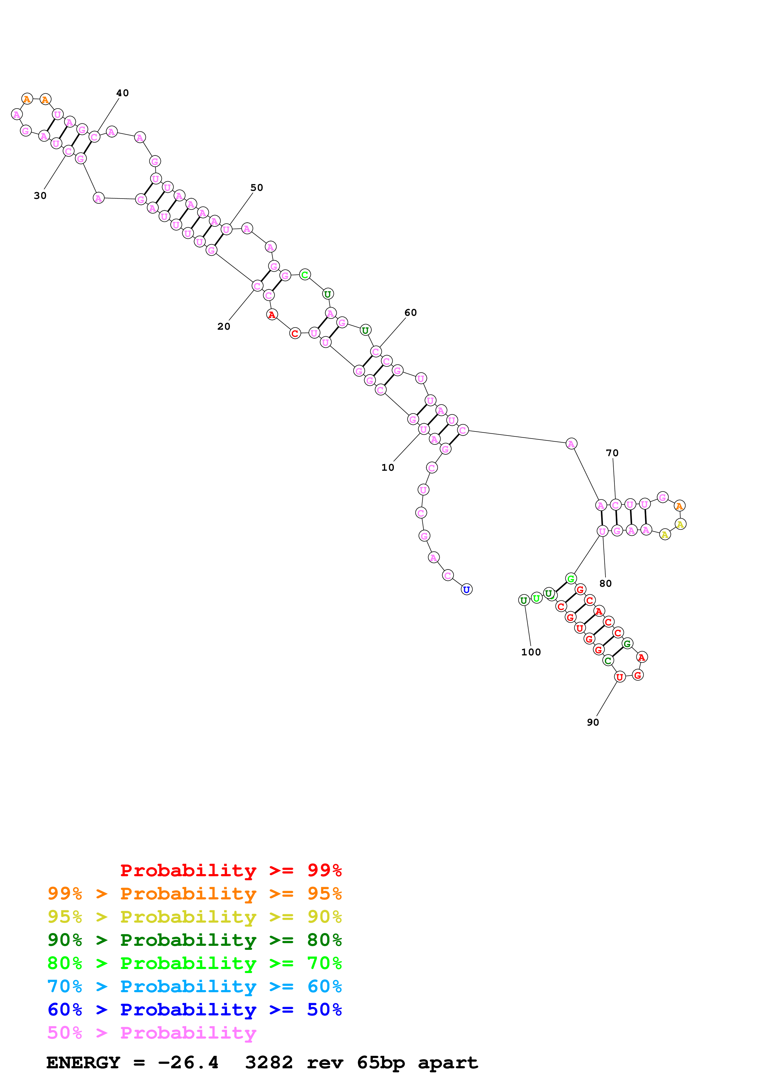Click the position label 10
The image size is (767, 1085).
(387, 467)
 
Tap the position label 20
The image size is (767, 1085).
(223, 326)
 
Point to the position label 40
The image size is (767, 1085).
(123, 93)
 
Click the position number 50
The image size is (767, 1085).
(256, 188)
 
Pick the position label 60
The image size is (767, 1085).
(411, 312)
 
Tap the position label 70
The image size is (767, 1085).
(612, 453)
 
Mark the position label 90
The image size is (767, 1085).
(592, 722)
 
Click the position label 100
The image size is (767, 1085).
(531, 652)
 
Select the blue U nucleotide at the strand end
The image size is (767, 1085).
(467, 589)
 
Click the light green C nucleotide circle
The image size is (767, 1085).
(305, 275)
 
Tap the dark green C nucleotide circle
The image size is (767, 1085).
(608, 661)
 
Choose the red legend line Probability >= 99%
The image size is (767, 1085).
(231, 870)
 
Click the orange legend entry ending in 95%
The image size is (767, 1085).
(194, 893)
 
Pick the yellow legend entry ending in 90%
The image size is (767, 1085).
(194, 916)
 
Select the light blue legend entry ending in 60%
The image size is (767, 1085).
(194, 986)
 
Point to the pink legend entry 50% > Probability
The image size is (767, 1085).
(152, 1032)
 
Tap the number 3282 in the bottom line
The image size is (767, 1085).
(269, 1062)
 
